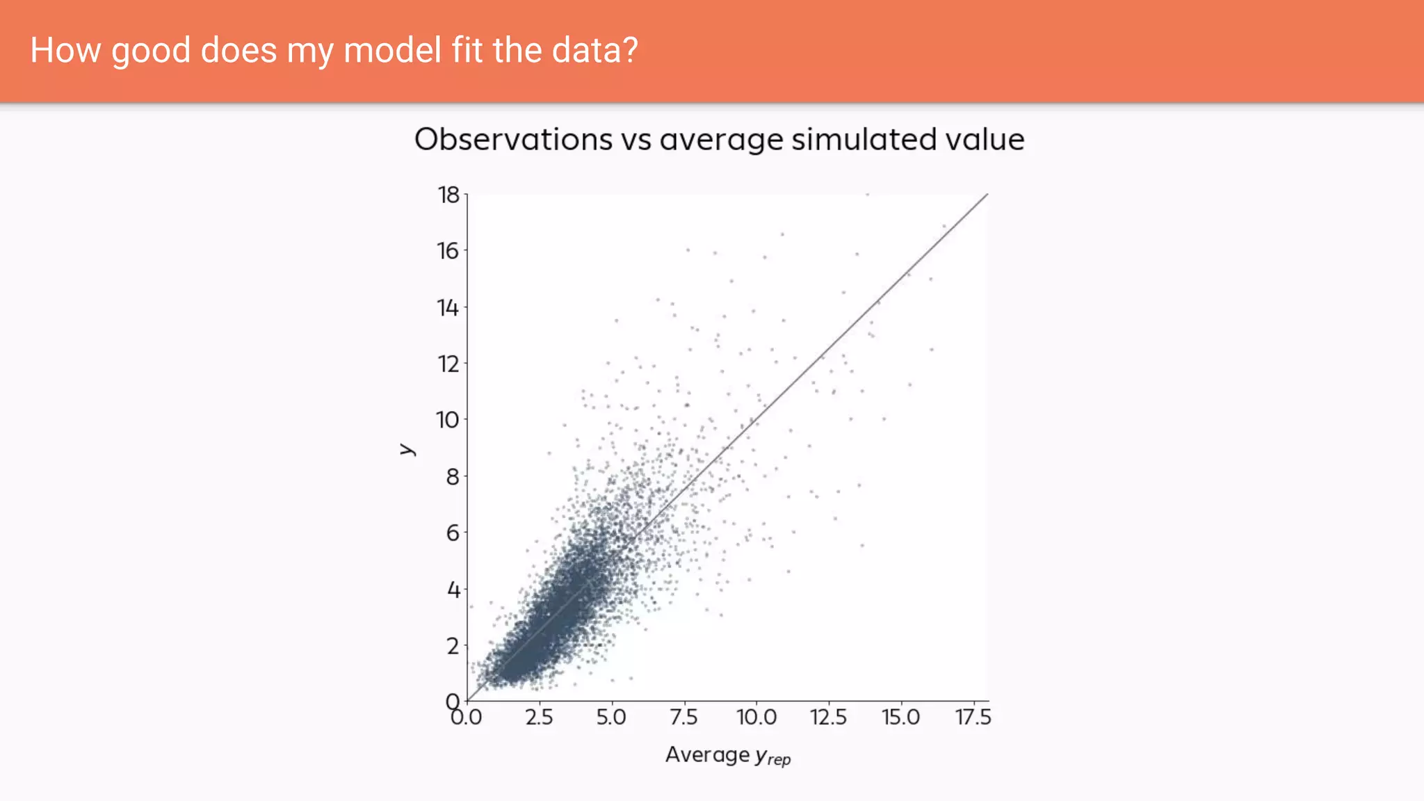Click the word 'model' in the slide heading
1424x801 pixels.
click(x=392, y=51)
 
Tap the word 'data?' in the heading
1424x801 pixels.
click(x=594, y=51)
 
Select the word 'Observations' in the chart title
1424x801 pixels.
click(x=513, y=140)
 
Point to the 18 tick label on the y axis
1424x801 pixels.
click(x=448, y=195)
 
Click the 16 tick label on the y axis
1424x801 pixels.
click(x=448, y=251)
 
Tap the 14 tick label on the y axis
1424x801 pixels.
click(x=448, y=307)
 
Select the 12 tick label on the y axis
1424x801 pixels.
click(x=448, y=364)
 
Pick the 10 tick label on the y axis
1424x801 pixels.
click(x=448, y=420)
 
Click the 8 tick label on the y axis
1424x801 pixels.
click(x=453, y=477)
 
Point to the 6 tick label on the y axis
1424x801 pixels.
click(x=453, y=533)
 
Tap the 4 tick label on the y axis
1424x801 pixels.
click(x=453, y=590)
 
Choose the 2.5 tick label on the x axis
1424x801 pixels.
click(x=540, y=717)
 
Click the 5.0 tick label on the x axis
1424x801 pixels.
click(x=611, y=717)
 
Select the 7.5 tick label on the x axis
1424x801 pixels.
click(x=683, y=717)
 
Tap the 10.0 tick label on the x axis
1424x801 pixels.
click(x=756, y=717)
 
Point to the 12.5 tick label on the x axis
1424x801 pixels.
click(x=829, y=717)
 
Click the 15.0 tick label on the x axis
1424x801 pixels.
click(x=901, y=717)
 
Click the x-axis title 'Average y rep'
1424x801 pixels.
click(x=728, y=755)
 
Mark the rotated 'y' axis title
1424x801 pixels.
click(x=407, y=449)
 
